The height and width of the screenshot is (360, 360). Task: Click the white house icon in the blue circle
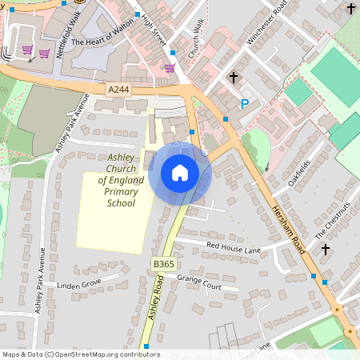pos(179,172)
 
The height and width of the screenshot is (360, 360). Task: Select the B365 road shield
pos(164,263)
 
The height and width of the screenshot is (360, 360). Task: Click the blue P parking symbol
pos(245,103)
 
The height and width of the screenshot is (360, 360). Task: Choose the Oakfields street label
pos(298,173)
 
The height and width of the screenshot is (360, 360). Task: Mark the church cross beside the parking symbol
pos(234,78)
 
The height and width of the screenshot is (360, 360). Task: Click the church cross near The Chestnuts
pos(326,249)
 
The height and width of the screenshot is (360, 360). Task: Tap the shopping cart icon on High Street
pos(170,68)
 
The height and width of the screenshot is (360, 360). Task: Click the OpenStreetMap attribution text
pos(81,354)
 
